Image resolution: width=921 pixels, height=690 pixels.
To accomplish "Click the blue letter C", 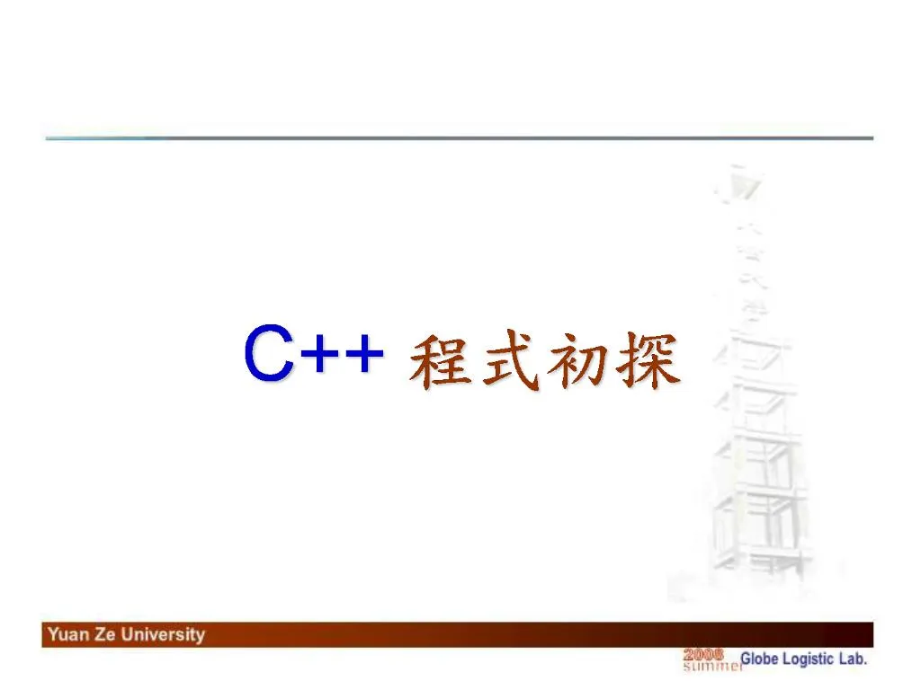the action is click(x=269, y=352).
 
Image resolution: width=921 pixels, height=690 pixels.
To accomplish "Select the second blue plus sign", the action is click(x=365, y=354).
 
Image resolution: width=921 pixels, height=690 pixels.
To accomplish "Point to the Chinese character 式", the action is click(x=510, y=359).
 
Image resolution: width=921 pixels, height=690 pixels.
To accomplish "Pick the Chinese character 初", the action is click(x=577, y=359).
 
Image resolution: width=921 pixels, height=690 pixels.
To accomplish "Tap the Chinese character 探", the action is click(x=648, y=359).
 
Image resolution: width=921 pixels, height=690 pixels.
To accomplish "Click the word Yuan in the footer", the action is click(x=68, y=634).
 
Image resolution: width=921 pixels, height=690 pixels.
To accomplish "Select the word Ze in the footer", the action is click(x=105, y=634).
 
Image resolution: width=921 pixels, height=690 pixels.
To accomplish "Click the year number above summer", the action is click(x=703, y=655).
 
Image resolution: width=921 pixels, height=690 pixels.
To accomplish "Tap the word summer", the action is click(x=712, y=666).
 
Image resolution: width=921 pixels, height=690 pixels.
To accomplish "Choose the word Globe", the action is click(x=759, y=659).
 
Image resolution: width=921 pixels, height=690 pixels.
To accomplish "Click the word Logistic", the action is click(x=809, y=659).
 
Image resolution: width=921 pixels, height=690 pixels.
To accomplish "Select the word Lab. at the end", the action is click(x=853, y=659).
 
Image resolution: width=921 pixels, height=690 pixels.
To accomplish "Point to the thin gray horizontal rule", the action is click(x=460, y=138).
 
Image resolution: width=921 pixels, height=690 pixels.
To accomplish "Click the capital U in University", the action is click(x=128, y=634).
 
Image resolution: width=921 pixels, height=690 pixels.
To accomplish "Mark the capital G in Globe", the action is click(x=746, y=659).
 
